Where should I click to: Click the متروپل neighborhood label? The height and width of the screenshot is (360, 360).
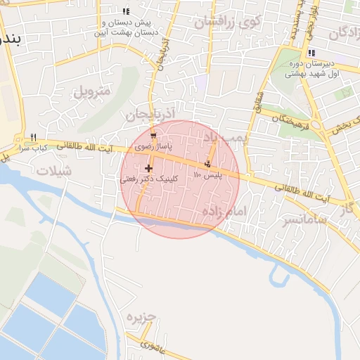point(92,91)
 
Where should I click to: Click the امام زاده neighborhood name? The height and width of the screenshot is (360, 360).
point(226,212)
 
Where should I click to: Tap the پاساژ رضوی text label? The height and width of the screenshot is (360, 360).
point(154,148)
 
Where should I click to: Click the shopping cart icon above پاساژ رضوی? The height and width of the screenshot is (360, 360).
point(154,136)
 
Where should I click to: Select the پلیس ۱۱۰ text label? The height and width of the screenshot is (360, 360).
point(208,174)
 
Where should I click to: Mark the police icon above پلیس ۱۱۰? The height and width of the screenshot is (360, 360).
point(207,164)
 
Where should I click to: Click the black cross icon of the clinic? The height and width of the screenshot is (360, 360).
point(148,168)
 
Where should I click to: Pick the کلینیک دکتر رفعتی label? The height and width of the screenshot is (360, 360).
point(149,179)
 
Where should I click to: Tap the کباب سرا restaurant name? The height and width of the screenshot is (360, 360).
point(32,148)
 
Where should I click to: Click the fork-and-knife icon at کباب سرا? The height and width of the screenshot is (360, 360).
point(32,137)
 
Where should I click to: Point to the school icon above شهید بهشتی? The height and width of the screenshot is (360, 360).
point(311,53)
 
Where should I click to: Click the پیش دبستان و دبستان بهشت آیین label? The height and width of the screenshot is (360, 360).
point(127,27)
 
